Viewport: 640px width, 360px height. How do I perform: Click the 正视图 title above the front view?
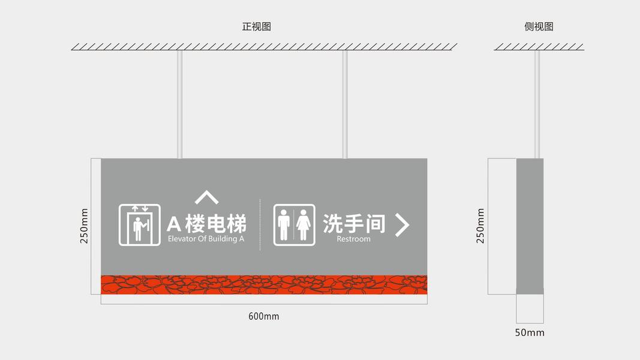257,27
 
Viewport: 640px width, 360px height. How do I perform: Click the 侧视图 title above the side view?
539,27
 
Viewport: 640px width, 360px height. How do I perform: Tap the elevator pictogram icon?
140,225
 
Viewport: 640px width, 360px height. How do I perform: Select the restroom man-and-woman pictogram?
295,225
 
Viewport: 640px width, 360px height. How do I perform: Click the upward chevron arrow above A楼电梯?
206,197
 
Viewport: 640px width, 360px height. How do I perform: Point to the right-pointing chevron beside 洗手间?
402,225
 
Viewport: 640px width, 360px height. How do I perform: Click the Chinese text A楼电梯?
206,224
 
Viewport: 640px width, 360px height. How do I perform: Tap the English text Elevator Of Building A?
206,239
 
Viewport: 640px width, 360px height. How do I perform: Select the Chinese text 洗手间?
354,223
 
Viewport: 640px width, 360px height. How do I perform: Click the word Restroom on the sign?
353,239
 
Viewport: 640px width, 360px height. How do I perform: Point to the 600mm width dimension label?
264,316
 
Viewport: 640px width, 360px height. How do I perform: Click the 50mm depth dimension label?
530,332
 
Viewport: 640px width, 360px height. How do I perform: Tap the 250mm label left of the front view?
85,226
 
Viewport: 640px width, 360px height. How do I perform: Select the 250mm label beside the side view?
480,226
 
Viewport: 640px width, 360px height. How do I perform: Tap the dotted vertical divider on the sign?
260,224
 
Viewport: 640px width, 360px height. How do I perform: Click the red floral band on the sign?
264,284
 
